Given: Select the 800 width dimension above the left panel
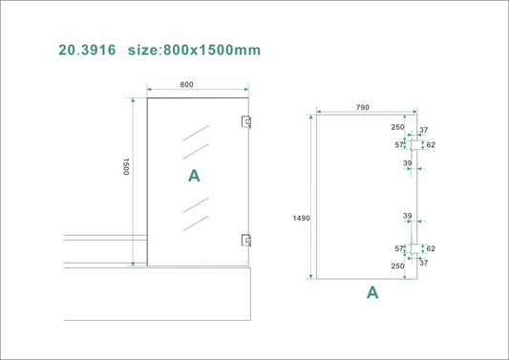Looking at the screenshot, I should (x=186, y=85).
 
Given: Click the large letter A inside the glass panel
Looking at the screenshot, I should (x=194, y=176).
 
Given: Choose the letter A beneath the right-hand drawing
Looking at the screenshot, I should (x=372, y=293).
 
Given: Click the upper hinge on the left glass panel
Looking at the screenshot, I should (x=246, y=121).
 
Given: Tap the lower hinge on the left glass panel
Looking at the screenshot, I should (x=246, y=241).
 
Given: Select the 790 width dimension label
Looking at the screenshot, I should (x=363, y=108).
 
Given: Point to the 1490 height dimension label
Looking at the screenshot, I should (x=301, y=219).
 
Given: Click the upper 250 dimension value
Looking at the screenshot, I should (x=397, y=127).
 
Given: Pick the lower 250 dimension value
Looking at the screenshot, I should (x=397, y=266).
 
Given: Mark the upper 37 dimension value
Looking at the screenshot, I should (x=424, y=131).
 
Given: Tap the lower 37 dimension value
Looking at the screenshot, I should (x=424, y=263).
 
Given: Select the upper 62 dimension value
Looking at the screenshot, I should (x=431, y=145).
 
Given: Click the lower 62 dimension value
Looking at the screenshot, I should (x=431, y=248).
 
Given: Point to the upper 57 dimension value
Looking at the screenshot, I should (x=400, y=145).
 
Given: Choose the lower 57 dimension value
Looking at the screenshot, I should (x=400, y=248).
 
